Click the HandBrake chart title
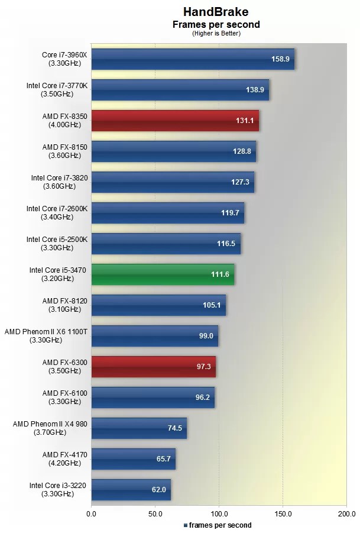point(216,12)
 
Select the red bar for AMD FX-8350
point(174,120)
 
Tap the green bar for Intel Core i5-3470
point(163,274)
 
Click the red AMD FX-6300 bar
point(153,366)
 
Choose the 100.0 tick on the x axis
point(219,513)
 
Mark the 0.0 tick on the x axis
point(92,513)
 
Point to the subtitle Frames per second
point(216,25)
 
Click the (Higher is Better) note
point(216,34)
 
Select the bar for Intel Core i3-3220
point(131,489)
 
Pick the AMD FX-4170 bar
point(133,458)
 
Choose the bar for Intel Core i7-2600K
point(167,212)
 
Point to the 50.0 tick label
point(155,513)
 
